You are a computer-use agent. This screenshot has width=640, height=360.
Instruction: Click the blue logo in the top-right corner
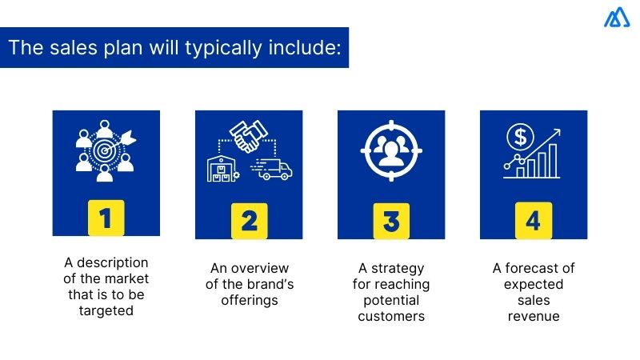click(x=617, y=18)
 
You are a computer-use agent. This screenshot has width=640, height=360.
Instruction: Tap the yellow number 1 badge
click(x=106, y=220)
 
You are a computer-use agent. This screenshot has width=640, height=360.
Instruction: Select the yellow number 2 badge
click(x=249, y=220)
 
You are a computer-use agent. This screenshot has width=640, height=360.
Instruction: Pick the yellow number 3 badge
click(x=391, y=220)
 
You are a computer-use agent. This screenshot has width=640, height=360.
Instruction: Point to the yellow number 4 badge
click(x=534, y=220)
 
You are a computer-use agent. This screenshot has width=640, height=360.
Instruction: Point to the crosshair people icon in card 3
click(x=391, y=150)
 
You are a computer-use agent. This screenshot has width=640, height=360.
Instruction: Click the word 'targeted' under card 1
click(x=106, y=311)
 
